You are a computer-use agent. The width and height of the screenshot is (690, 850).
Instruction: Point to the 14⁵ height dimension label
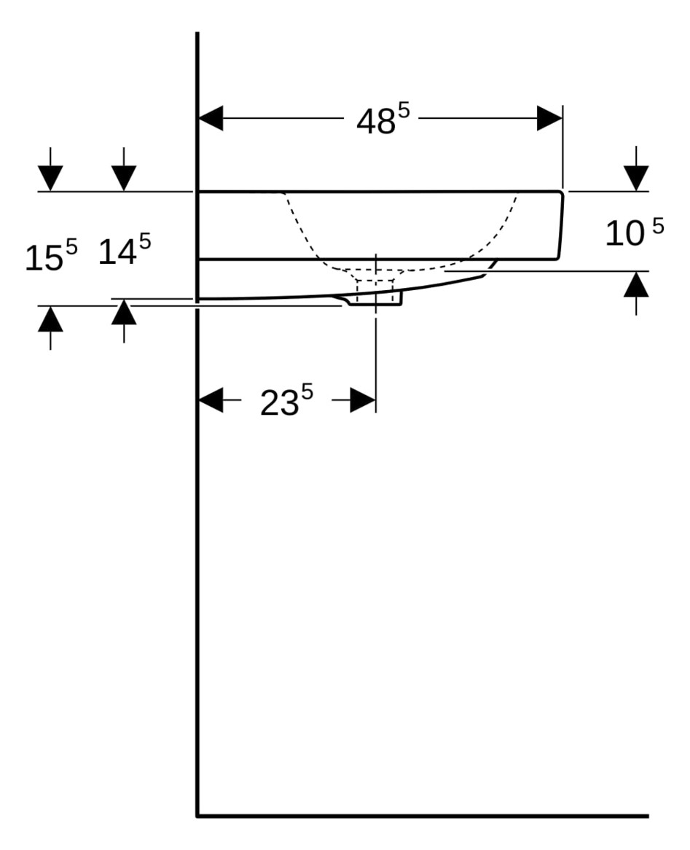point(124,250)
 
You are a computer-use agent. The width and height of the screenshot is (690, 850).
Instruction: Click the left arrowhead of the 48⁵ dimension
point(211,118)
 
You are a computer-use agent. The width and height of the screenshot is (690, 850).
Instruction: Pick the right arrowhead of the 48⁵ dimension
point(549,118)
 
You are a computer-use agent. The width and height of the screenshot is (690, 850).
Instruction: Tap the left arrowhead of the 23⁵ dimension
point(211,400)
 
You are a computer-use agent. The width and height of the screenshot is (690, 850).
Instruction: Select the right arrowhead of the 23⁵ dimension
point(363,400)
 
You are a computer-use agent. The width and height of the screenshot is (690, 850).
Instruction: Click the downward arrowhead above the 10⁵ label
point(636,178)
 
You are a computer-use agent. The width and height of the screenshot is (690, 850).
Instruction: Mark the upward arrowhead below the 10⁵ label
point(636,284)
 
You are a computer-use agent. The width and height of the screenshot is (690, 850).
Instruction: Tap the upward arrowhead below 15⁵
point(50,319)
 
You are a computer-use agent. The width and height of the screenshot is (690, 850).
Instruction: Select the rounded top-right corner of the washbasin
point(561,194)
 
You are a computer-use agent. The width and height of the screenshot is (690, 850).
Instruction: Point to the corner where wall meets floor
point(197,816)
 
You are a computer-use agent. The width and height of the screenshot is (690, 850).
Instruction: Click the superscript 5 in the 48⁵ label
point(404,111)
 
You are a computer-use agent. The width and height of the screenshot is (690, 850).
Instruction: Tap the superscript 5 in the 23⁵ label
point(307,392)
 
